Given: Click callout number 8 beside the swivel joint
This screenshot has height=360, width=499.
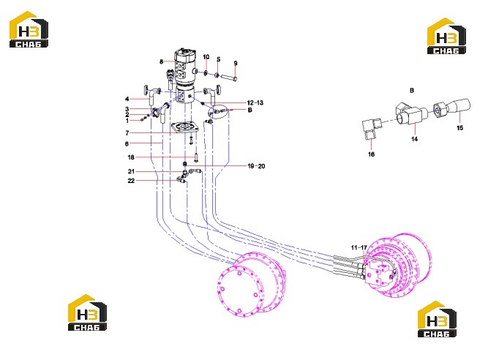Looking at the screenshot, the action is pyautogui.click(x=162, y=61).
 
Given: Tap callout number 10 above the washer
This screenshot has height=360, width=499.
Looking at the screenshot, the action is pyautogui.click(x=206, y=57).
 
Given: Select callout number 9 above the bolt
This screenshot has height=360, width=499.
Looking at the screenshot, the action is pyautogui.click(x=236, y=63).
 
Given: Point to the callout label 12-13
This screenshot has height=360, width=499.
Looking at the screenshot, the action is pyautogui.click(x=255, y=103).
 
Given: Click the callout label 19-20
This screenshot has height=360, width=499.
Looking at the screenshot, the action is pyautogui.click(x=256, y=166).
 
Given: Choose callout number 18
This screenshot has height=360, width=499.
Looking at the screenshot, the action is pyautogui.click(x=131, y=157).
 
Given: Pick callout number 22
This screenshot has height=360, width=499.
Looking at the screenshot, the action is pyautogui.click(x=131, y=181).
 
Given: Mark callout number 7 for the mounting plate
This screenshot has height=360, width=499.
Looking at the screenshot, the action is pyautogui.click(x=127, y=133).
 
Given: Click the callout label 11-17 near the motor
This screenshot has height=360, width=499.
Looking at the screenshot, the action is pyautogui.click(x=359, y=247).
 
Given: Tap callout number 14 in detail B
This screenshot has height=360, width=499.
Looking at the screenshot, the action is pyautogui.click(x=414, y=139).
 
